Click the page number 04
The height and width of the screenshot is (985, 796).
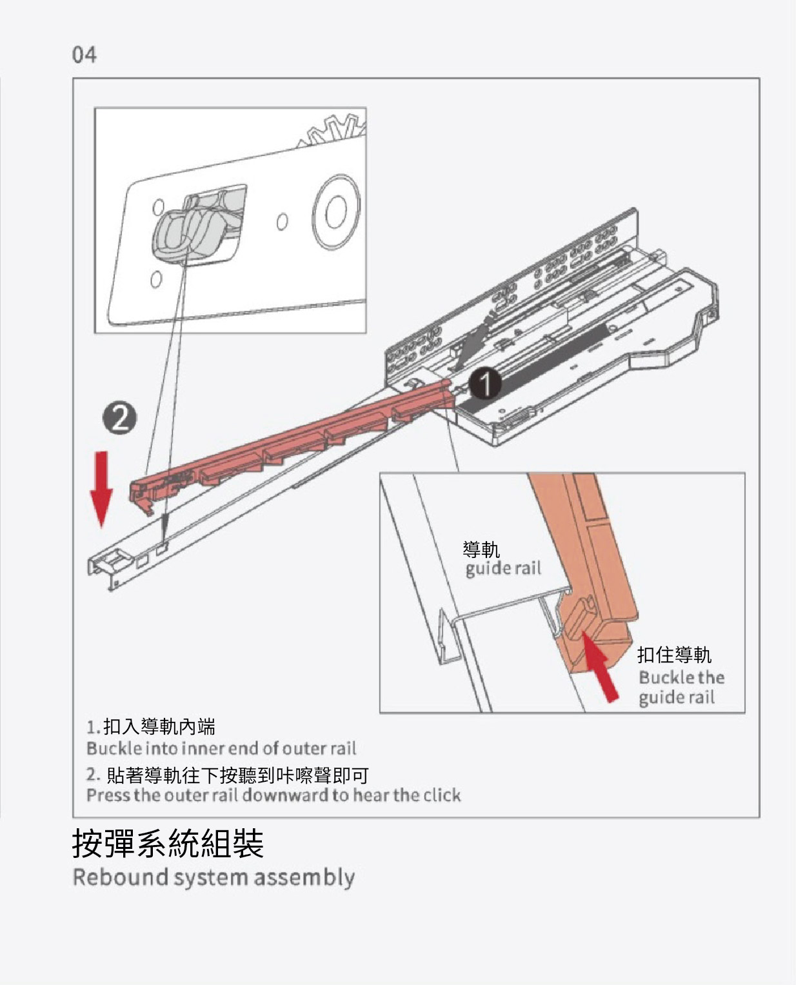click(84, 55)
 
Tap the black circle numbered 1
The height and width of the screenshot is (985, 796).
click(485, 383)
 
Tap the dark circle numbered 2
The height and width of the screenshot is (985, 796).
click(119, 418)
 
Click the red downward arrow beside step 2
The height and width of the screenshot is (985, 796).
click(101, 490)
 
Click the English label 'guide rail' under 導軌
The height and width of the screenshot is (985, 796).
click(503, 568)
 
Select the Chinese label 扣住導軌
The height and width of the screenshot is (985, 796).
click(674, 655)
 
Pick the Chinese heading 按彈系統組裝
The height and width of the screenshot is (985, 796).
click(168, 843)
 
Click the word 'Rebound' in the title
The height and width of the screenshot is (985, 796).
click(120, 877)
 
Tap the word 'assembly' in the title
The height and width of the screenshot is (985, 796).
click(304, 878)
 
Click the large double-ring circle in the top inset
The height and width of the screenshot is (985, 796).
click(336, 212)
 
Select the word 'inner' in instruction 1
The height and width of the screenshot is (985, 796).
click(202, 748)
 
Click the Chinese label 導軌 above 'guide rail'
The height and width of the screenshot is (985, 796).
click(481, 549)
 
